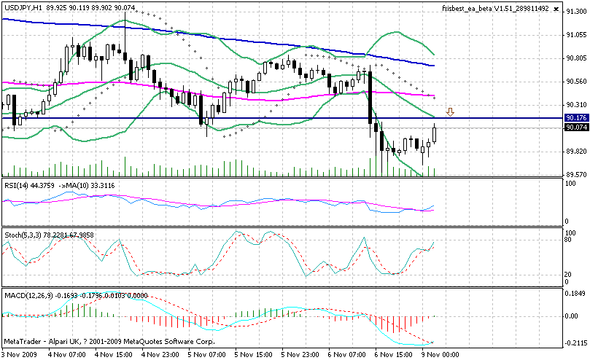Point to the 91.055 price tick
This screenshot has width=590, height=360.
click(576, 35)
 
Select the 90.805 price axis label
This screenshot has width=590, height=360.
click(576, 58)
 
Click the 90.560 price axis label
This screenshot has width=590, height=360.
click(576, 82)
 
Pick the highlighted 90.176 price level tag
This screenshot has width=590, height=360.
click(576, 117)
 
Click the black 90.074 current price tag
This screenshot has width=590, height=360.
click(576, 127)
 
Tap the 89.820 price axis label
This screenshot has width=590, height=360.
click(576, 152)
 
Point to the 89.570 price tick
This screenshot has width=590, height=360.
click(576, 175)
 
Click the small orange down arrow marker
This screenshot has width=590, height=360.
click(451, 112)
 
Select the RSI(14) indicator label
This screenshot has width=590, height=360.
click(17, 184)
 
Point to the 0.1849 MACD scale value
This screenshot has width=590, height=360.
click(577, 292)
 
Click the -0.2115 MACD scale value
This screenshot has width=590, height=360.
click(577, 342)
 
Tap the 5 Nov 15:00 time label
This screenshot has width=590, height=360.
click(253, 353)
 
